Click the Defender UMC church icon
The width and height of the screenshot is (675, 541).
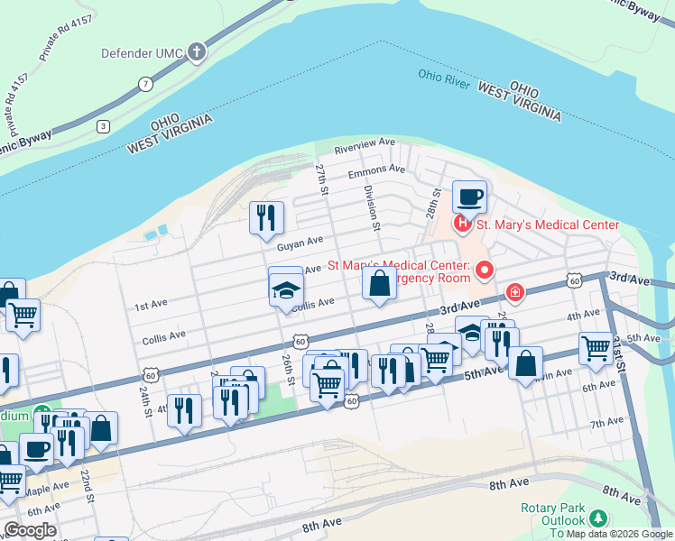tap(196, 53)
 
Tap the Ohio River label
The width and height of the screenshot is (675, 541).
tap(444, 78)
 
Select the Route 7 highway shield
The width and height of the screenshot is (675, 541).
tap(145, 84)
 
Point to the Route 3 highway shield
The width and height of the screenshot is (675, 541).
tap(104, 126)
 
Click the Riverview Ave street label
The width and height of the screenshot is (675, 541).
tap(365, 143)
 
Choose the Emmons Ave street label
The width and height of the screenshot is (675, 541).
tap(377, 170)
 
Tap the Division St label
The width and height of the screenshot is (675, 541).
tap(369, 207)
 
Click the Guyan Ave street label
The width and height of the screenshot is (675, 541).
tap(300, 243)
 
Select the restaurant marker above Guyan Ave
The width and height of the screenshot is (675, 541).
tap(266, 217)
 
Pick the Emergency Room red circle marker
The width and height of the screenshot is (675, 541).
tap(485, 270)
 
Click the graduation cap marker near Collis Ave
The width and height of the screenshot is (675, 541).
tap(286, 291)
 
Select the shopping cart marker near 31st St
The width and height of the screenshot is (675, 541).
tap(596, 348)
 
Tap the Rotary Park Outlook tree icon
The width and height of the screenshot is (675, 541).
tap(597, 518)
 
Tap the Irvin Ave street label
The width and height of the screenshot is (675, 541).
tap(560, 376)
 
